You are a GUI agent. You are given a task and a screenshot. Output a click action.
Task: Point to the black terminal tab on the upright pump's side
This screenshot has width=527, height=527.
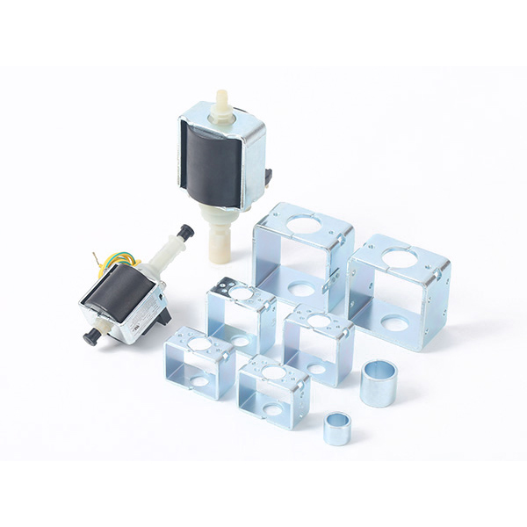(x=267, y=175)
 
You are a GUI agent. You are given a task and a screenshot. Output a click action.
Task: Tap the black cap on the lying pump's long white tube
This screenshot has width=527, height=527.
(x=186, y=232)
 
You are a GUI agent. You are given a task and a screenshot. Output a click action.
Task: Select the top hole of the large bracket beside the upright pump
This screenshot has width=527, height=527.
(x=304, y=225)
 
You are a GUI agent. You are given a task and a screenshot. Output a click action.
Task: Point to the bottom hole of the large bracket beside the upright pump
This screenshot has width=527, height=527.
(x=301, y=289)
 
